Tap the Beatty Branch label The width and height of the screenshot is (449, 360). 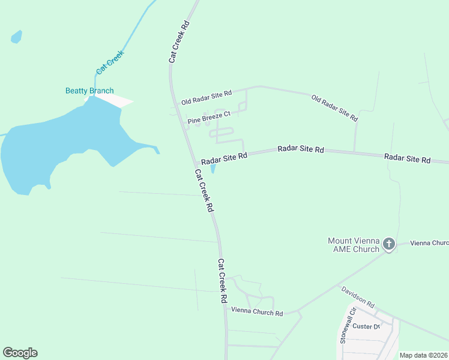click(x=89, y=91)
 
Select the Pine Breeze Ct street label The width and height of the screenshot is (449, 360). click(x=209, y=118)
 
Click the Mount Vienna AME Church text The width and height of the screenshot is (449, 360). click(x=354, y=245)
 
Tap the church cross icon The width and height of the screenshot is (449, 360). click(x=389, y=244)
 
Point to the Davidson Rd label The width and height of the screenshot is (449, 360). click(x=358, y=297)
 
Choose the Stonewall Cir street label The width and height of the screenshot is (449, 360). click(x=348, y=326)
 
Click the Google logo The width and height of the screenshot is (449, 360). click(x=20, y=353)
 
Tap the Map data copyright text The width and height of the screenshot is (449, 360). click(x=423, y=355)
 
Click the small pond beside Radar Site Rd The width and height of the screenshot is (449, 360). click(x=213, y=169)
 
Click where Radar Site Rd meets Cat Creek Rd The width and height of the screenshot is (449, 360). click(x=196, y=163)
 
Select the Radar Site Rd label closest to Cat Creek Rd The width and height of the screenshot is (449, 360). click(x=224, y=158)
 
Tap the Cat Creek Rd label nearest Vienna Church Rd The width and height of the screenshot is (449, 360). click(x=222, y=280)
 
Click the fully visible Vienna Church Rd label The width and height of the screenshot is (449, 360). click(x=257, y=313)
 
